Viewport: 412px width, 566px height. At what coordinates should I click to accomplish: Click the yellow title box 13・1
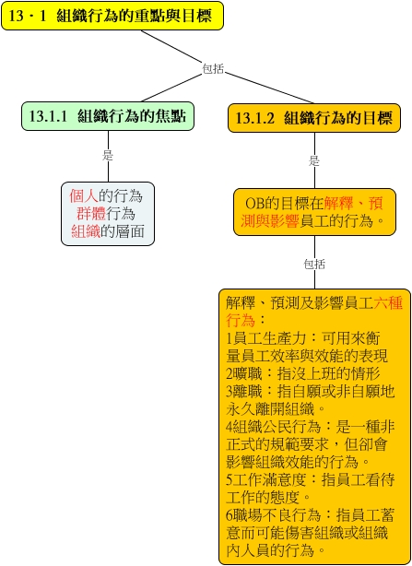pyautogui.click(x=112, y=16)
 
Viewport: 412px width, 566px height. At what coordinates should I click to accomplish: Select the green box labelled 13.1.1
pyautogui.click(x=108, y=116)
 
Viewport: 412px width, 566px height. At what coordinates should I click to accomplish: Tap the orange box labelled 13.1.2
pyautogui.click(x=314, y=118)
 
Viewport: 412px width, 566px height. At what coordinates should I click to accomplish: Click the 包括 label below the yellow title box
pyautogui.click(x=213, y=68)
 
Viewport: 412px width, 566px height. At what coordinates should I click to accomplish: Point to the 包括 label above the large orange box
pyautogui.click(x=314, y=264)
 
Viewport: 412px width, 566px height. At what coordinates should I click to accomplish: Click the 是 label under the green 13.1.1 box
pyautogui.click(x=108, y=156)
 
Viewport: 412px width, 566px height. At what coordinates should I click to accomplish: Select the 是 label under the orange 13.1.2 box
pyautogui.click(x=314, y=160)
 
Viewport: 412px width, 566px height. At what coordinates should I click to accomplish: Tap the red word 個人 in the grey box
pyautogui.click(x=84, y=196)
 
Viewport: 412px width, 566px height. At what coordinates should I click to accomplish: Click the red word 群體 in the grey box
pyautogui.click(x=91, y=214)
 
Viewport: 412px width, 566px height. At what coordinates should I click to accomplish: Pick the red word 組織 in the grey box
pyautogui.click(x=86, y=231)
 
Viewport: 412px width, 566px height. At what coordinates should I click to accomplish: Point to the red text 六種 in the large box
pyautogui.click(x=388, y=303)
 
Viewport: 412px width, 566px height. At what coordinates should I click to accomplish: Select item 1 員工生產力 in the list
pyautogui.click(x=266, y=338)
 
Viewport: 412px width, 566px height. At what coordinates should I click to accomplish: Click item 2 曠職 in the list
pyautogui.click(x=244, y=374)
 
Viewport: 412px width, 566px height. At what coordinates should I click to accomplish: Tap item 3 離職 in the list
pyautogui.click(x=244, y=392)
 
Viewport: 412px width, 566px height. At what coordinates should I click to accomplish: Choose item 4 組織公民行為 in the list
pyautogui.click(x=274, y=427)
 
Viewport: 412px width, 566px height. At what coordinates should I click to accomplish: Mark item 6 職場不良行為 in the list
pyautogui.click(x=274, y=515)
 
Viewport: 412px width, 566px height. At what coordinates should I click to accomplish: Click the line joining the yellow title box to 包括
pyautogui.click(x=171, y=47)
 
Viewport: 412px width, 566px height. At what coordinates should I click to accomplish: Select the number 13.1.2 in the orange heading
pyautogui.click(x=255, y=118)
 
